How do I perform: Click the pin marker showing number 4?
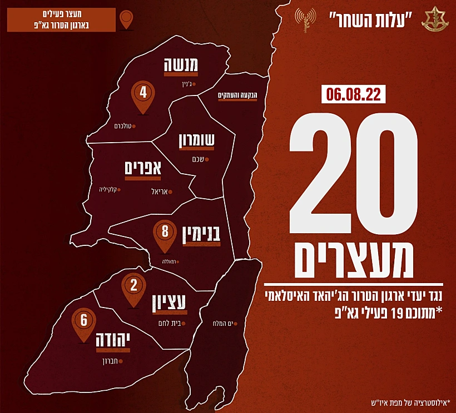(143, 94)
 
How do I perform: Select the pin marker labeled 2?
(133, 288)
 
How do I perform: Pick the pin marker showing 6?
(84, 322)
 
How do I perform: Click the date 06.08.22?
(353, 94)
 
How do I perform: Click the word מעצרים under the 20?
(353, 260)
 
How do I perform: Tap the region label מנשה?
(181, 66)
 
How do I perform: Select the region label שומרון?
(196, 142)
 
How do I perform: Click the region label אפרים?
(143, 167)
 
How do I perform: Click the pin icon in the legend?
(127, 19)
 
